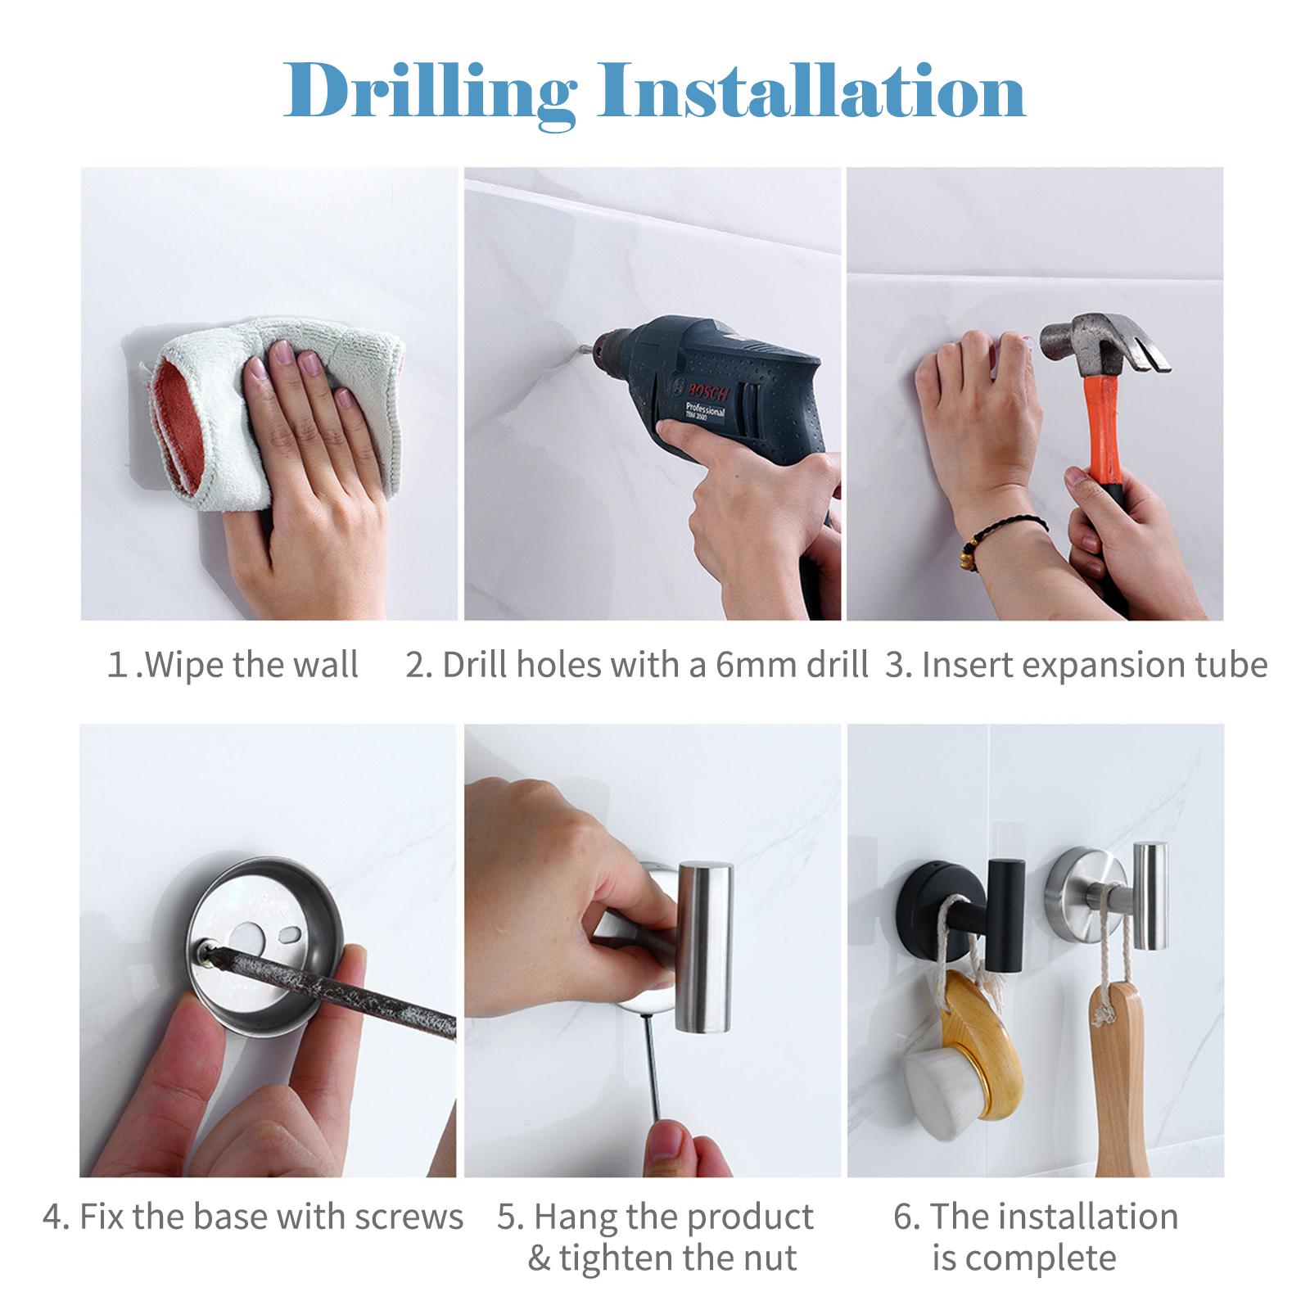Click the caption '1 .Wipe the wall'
233,665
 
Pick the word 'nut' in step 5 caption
771,1257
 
